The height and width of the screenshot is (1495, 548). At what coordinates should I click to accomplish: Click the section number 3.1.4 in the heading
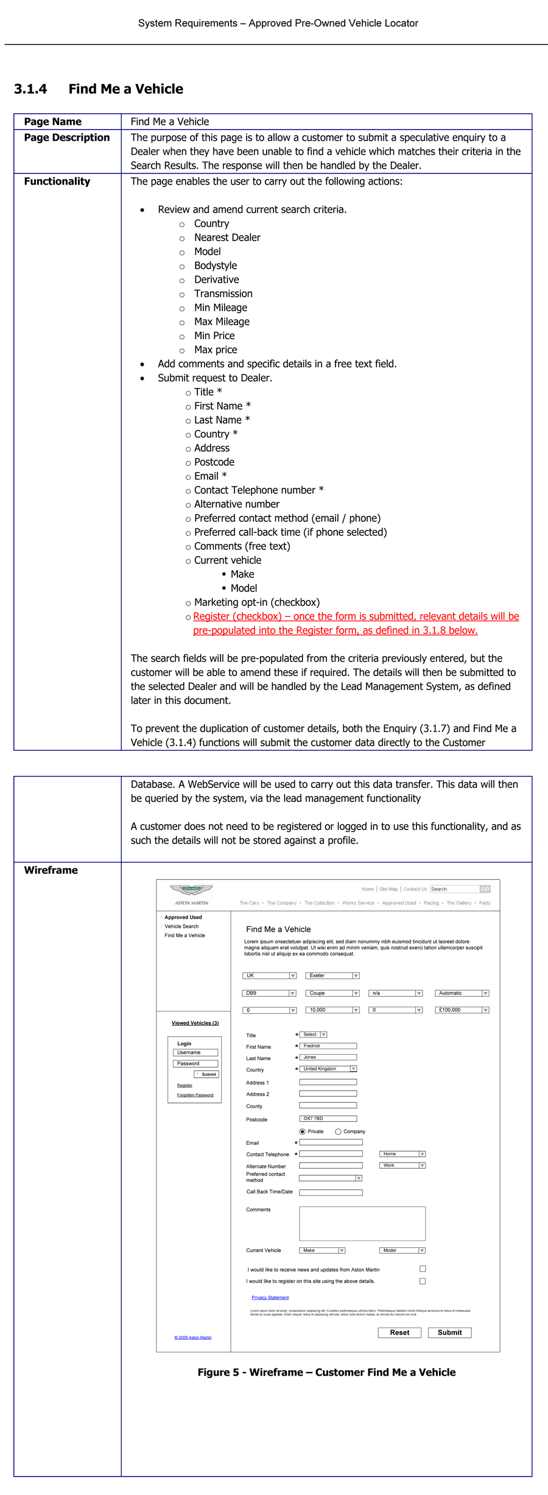(30, 90)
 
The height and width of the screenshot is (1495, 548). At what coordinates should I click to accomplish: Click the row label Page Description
(67, 138)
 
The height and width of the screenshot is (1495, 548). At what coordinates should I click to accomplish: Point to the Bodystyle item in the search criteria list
(216, 266)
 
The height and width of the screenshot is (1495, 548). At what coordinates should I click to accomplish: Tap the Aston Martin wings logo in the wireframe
(191, 890)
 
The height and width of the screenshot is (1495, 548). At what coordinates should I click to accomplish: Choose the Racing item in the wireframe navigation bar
(431, 903)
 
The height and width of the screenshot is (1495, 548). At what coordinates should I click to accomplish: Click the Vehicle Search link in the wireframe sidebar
(181, 926)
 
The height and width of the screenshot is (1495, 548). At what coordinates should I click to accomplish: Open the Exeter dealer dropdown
(332, 976)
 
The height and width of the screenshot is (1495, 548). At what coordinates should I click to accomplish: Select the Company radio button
(338, 1131)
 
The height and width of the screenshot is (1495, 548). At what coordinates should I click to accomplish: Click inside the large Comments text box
(362, 1223)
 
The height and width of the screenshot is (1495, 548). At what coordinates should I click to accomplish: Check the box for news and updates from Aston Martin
(423, 1269)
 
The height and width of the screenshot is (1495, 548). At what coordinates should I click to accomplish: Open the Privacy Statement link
(270, 1298)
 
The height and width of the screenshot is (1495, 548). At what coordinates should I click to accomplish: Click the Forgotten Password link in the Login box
(195, 1095)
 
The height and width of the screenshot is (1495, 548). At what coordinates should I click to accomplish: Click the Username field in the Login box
(195, 1052)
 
